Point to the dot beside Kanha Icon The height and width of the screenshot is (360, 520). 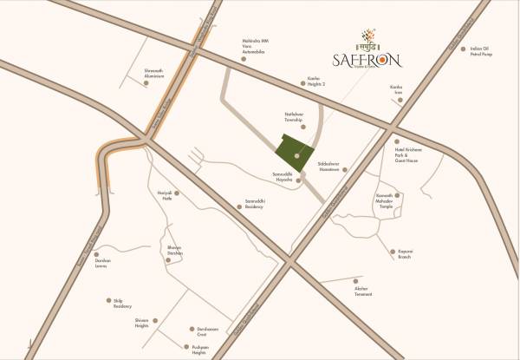400,100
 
